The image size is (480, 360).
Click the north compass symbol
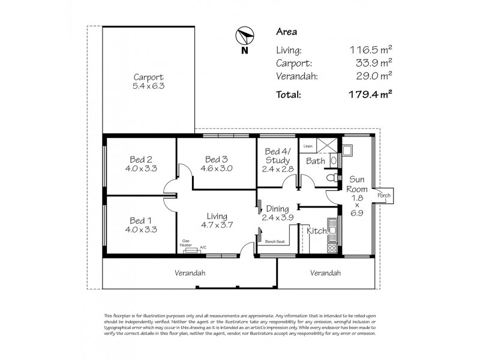(x=244, y=37)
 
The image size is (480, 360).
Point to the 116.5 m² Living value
(x=371, y=51)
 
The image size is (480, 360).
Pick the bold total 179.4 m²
(x=371, y=94)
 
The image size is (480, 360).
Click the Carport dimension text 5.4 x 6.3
(x=148, y=86)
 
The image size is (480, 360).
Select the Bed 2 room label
(x=140, y=160)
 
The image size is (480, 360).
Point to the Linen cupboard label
(x=308, y=146)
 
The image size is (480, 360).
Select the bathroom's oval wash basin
(x=333, y=160)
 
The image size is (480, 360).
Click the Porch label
(x=383, y=196)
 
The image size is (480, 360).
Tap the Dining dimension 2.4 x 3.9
(x=277, y=218)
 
